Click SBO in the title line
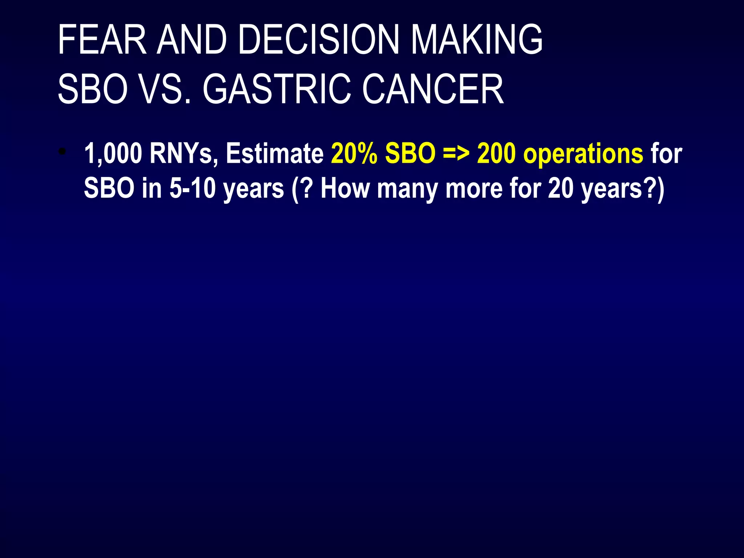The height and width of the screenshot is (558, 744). pyautogui.click(x=93, y=89)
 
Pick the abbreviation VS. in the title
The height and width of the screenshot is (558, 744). pyautogui.click(x=165, y=89)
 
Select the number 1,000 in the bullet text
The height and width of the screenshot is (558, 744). pyautogui.click(x=113, y=154)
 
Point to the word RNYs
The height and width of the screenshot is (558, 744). pyautogui.click(x=184, y=154)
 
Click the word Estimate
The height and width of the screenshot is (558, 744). pyautogui.click(x=275, y=154)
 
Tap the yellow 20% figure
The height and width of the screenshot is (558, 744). pyautogui.click(x=354, y=154)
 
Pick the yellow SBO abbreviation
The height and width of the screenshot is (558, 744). pyautogui.click(x=410, y=154)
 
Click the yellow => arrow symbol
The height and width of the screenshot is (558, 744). pyautogui.click(x=456, y=154)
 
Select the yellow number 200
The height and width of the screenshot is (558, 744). pyautogui.click(x=496, y=154)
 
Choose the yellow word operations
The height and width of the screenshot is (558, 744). pyautogui.click(x=583, y=154)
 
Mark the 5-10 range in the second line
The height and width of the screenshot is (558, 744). pyautogui.click(x=193, y=189)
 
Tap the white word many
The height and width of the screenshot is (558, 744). pyautogui.click(x=407, y=189)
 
